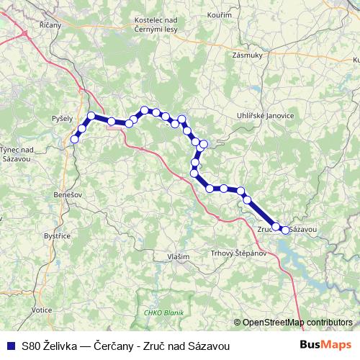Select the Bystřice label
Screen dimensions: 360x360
tap(55, 235)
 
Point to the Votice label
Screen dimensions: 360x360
tap(42, 309)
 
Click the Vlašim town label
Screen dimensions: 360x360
tap(178, 256)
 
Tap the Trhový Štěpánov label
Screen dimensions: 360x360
tap(237, 253)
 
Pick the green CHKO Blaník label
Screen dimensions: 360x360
tap(164, 312)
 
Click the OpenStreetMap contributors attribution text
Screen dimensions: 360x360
tap(297, 323)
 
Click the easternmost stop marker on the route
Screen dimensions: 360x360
tap(285, 230)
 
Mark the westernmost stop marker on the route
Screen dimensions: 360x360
tap(73, 140)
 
